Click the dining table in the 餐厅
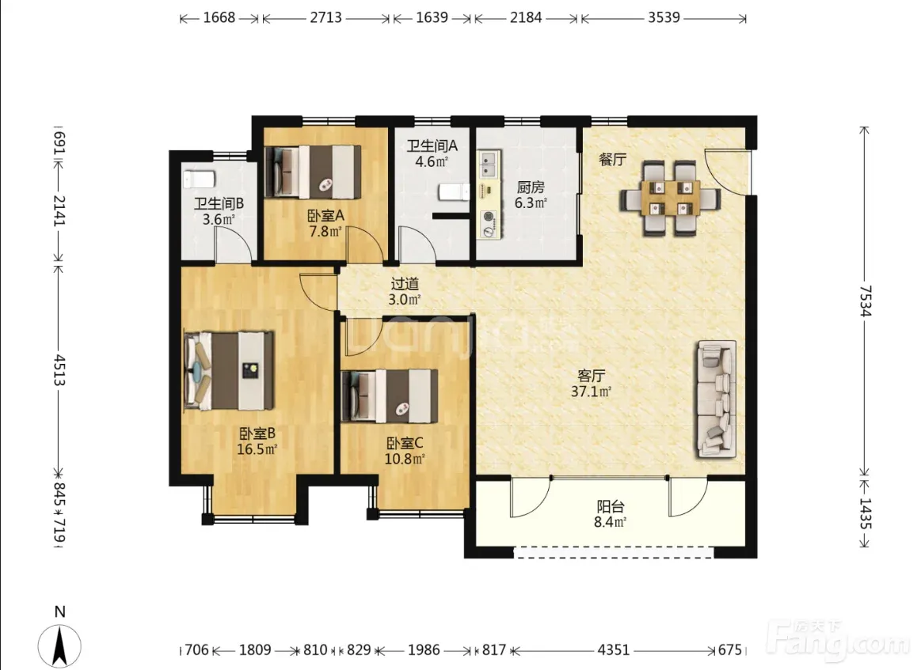tap(670, 199)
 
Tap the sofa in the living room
tap(716, 399)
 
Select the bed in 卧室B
tap(230, 370)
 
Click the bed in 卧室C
tap(390, 396)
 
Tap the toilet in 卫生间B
tap(199, 180)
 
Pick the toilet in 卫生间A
tap(455, 191)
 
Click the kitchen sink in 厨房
tap(489, 165)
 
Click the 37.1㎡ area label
tap(591, 392)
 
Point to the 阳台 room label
tap(611, 506)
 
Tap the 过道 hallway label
tap(405, 284)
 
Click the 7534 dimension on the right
tap(865, 301)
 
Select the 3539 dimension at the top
tap(664, 17)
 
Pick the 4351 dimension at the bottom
tap(614, 649)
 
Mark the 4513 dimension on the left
tap(59, 369)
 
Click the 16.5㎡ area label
tap(257, 449)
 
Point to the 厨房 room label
tap(531, 187)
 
